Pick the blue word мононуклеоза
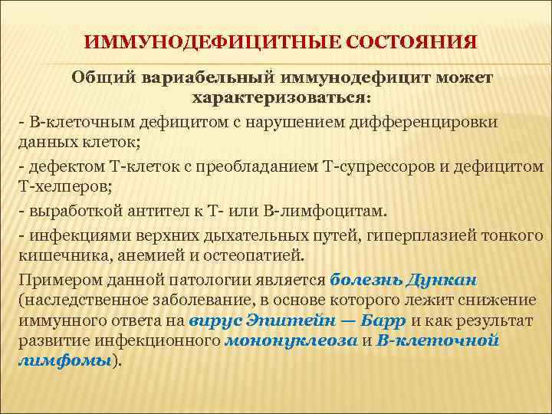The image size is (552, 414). click(291, 340)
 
